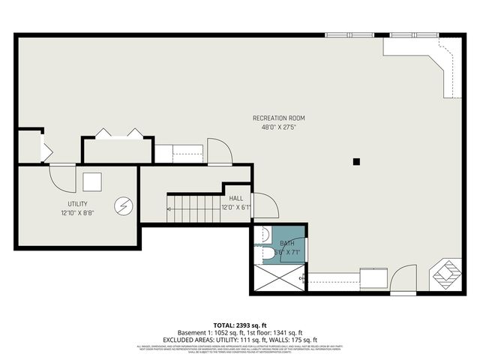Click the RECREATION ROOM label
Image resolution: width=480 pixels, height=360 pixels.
[278, 118]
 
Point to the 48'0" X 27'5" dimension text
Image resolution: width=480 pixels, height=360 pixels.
[278, 127]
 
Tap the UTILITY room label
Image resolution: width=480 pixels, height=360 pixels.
[77, 204]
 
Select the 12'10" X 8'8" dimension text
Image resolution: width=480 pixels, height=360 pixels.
[77, 213]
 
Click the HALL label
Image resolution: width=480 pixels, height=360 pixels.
[236, 198]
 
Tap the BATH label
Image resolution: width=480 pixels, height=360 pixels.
[287, 244]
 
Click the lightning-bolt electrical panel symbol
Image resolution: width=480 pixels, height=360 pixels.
[121, 205]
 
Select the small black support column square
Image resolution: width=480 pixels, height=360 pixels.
[357, 161]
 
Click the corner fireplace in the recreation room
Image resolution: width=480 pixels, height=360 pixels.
[449, 273]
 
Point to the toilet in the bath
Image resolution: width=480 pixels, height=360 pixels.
[268, 256]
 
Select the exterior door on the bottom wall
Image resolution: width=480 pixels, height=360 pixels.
[403, 280]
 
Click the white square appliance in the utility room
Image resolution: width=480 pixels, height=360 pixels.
[92, 182]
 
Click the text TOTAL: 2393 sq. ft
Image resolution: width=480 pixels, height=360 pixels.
[239, 325]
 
